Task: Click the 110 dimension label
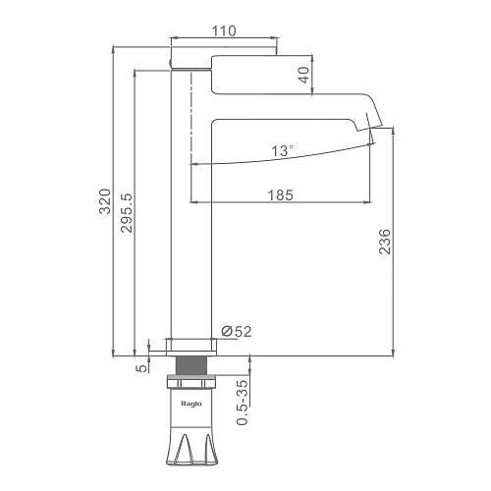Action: pyautogui.click(x=224, y=30)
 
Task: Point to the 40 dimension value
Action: pyautogui.click(x=304, y=75)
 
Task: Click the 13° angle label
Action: pyautogui.click(x=282, y=151)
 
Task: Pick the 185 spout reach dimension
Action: pyautogui.click(x=281, y=195)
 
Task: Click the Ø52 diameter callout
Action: pyautogui.click(x=237, y=332)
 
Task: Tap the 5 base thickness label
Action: pyautogui.click(x=141, y=368)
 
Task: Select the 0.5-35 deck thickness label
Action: pyautogui.click(x=243, y=403)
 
